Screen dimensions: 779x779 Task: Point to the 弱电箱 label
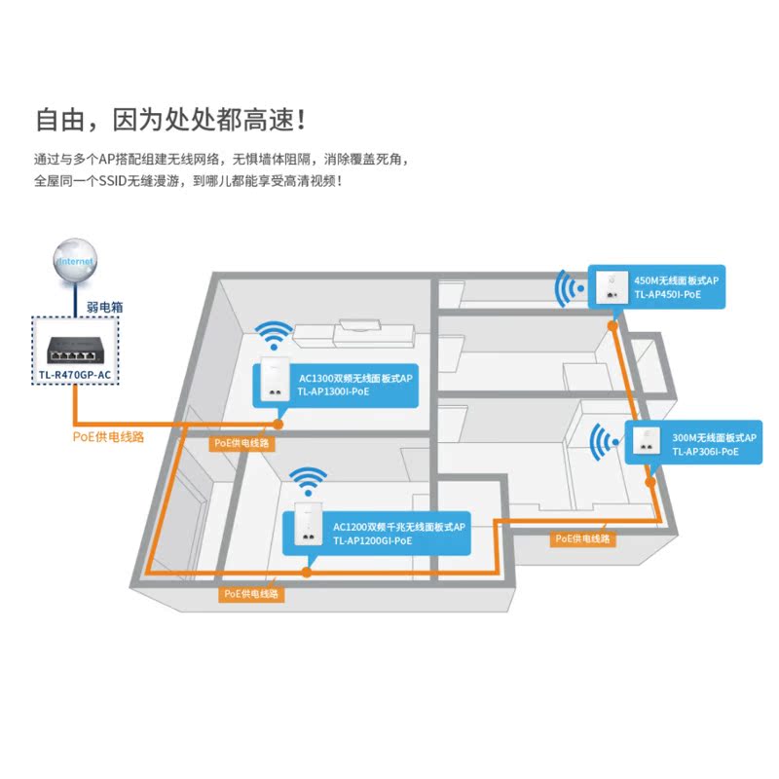pos(104,306)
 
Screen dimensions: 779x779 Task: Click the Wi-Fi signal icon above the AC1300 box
pos(273,337)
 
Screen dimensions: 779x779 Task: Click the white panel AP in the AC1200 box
pos(306,532)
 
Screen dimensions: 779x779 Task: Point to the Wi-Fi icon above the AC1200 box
pos(310,482)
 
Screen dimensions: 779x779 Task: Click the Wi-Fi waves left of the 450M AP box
pos(566,288)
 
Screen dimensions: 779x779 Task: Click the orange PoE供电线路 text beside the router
pos(108,437)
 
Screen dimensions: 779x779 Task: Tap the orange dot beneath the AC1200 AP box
pos(307,572)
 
